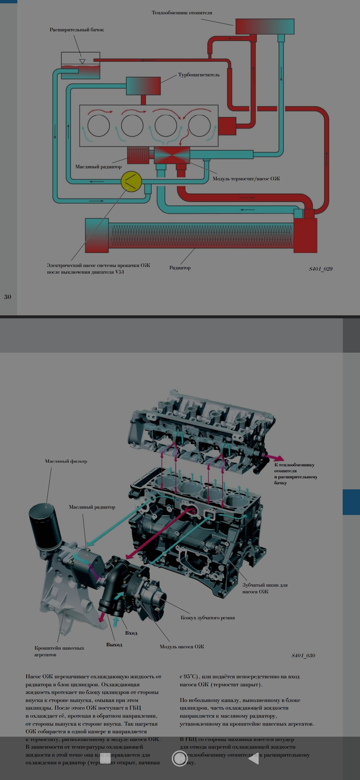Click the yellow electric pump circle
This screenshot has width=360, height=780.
131,181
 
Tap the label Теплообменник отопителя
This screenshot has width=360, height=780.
182,13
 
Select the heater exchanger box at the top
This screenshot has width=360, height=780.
265,27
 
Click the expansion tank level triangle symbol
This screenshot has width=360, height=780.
82,61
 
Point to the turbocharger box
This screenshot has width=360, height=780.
143,86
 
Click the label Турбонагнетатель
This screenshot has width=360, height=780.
199,75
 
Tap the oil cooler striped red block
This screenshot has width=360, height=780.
138,155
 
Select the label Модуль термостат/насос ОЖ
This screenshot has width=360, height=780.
246,179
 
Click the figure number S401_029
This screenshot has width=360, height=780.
320,269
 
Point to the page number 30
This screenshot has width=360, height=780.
8,297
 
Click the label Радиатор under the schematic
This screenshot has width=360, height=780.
180,268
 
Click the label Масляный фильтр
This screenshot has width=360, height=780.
66,461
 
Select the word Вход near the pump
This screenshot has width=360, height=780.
131,633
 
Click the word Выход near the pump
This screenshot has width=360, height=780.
114,645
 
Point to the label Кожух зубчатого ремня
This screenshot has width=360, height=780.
207,618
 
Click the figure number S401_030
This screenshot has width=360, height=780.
303,655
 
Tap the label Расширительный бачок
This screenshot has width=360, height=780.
77,30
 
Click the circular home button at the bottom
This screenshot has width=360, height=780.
180,758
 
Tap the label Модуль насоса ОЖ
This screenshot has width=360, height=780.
182,647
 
